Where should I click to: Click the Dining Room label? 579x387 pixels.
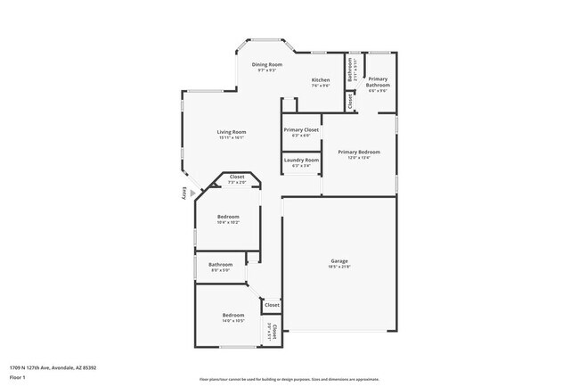(266, 65)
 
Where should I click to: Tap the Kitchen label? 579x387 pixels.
(321, 80)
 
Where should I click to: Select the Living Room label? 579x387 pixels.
(231, 133)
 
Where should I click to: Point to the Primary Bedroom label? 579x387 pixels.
(359, 152)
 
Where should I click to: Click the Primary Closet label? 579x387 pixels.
(302, 130)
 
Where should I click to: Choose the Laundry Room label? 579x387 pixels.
(302, 160)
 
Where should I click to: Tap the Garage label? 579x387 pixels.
(338, 260)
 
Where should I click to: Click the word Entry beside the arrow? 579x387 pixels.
(184, 192)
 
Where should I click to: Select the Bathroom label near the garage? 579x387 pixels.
(221, 264)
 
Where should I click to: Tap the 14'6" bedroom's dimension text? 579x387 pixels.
(232, 320)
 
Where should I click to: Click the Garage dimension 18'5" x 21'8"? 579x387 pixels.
(338, 266)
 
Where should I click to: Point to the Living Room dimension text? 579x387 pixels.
(231, 138)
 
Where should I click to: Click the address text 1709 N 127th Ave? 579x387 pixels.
(53, 366)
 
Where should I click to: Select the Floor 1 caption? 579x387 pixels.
(18, 377)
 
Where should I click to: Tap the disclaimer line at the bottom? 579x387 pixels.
(289, 379)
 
